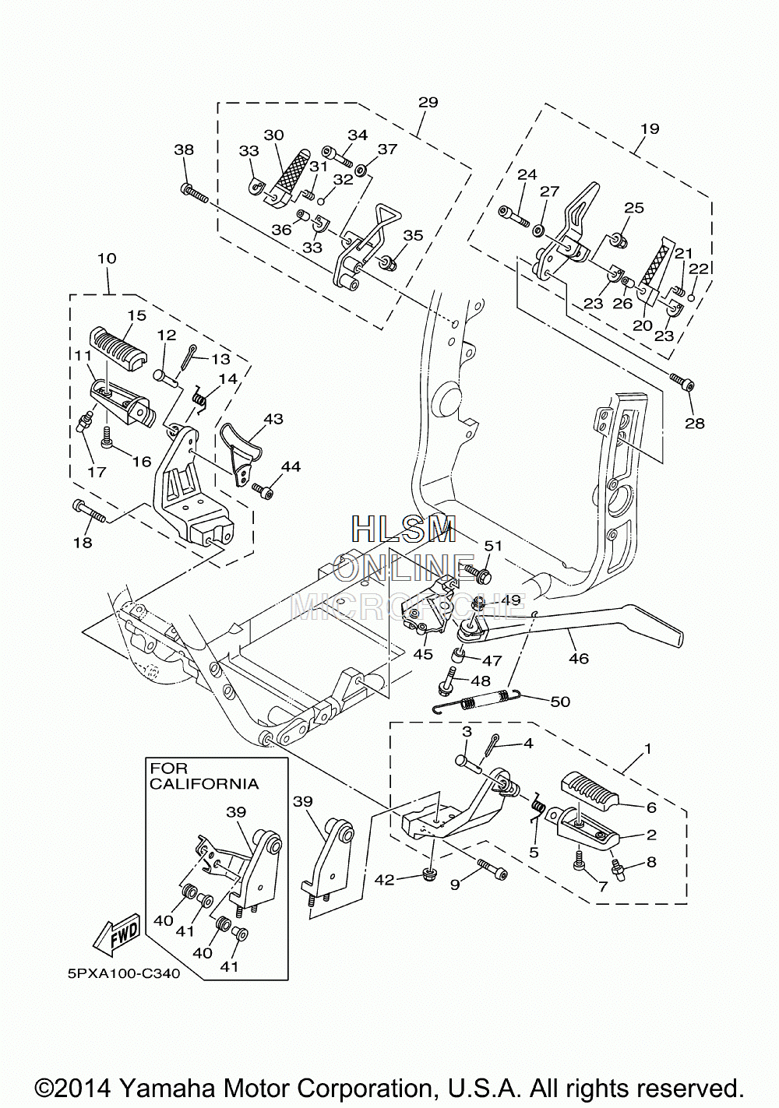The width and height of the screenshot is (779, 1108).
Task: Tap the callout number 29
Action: point(428,103)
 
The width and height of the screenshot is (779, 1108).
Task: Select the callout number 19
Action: point(650,128)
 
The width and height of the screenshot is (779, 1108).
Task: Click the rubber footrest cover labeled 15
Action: point(118,349)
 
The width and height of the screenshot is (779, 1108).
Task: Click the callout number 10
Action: point(108,259)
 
